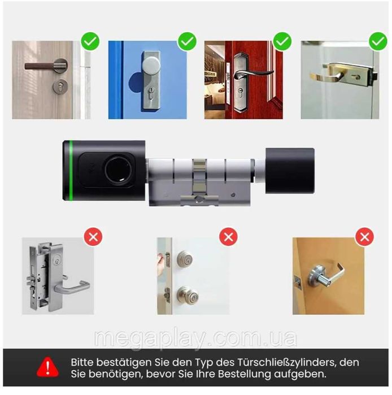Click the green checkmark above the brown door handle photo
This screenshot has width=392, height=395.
pos(90,41)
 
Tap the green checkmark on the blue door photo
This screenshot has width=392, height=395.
pos(186,41)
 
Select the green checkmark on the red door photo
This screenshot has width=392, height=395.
pos(282,41)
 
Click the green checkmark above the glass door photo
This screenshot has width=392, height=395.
pos(377,41)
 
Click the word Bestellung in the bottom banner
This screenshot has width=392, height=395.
pos(263,374)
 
